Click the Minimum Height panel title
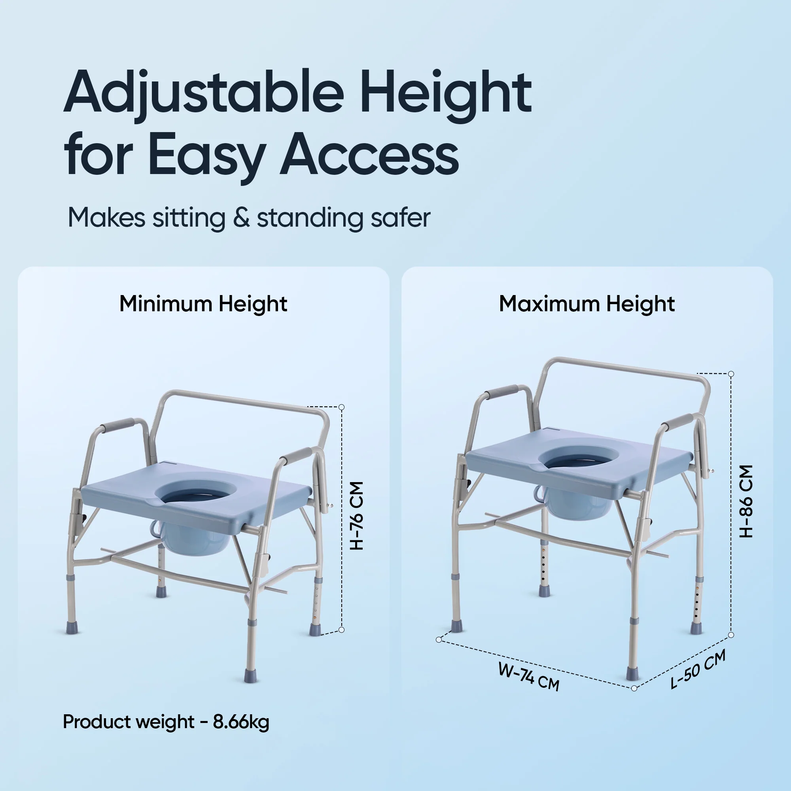click(203, 304)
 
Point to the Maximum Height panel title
click(587, 304)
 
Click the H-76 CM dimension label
click(357, 516)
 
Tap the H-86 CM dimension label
click(746, 501)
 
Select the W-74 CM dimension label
click(528, 676)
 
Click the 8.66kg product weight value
click(241, 722)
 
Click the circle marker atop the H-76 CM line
click(341, 407)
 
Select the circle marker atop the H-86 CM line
click(731, 374)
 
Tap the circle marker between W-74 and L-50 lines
click(634, 688)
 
